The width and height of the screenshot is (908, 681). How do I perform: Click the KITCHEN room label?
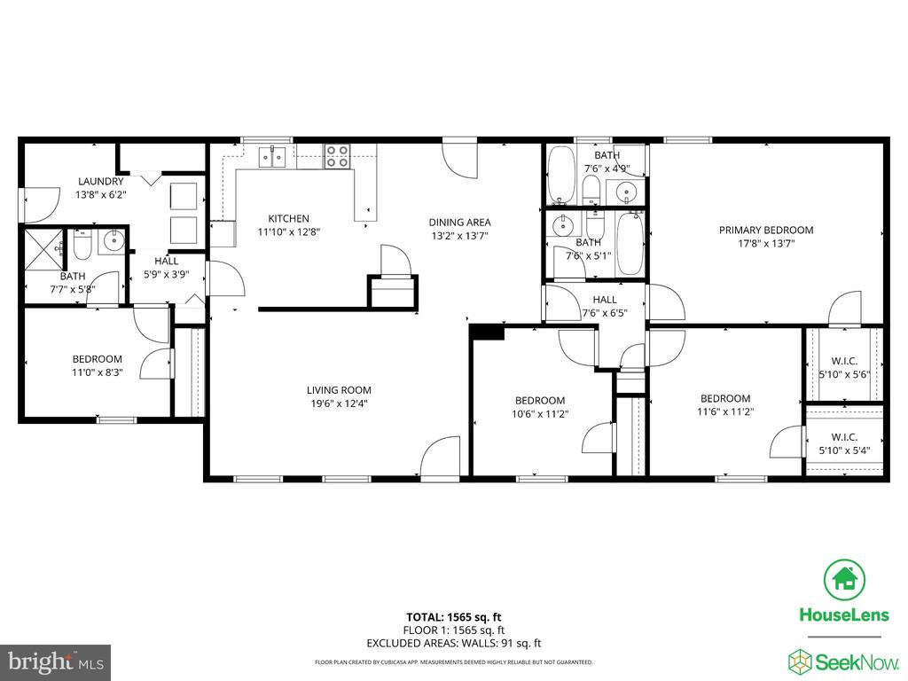(288, 219)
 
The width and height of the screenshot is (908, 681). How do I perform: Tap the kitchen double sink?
(272, 157)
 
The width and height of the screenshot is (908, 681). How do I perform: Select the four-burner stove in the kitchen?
(337, 156)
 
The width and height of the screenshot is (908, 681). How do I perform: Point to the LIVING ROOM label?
(339, 390)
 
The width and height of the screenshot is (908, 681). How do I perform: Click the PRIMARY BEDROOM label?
(766, 230)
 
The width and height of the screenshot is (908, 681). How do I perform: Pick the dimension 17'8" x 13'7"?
(766, 244)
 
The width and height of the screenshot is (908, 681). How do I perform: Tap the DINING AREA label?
(460, 223)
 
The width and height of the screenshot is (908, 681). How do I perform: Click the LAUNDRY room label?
(101, 181)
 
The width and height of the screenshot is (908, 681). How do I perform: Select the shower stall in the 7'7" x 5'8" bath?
(44, 250)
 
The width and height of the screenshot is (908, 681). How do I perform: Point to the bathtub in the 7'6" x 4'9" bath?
(561, 175)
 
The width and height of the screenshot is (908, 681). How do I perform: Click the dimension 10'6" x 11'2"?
(540, 414)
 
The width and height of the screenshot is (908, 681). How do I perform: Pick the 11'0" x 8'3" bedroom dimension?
(98, 373)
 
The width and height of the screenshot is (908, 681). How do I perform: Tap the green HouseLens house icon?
(844, 579)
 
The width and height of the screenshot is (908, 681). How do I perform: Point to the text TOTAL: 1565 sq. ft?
(453, 617)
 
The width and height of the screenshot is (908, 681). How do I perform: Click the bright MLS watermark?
(56, 661)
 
